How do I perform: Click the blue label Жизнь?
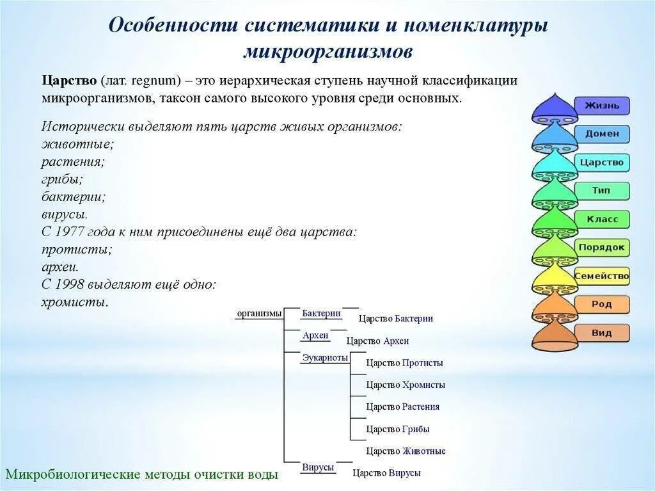[x=601, y=105]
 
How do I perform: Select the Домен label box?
[x=601, y=134]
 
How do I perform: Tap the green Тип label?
[x=601, y=191]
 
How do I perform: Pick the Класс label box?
[x=601, y=219]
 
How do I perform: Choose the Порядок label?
[x=601, y=248]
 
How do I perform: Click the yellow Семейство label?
[x=601, y=277]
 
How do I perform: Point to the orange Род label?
[x=601, y=305]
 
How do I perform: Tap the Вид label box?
[x=601, y=333]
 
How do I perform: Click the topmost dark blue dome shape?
[x=555, y=109]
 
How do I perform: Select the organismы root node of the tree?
[x=259, y=313]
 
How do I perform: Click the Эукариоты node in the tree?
[x=325, y=358]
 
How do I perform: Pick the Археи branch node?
[x=315, y=335]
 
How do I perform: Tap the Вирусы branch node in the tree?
[x=319, y=467]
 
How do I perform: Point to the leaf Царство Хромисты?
[x=406, y=385]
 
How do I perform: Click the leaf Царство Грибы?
[x=397, y=429]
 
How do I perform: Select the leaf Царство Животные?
[x=406, y=451]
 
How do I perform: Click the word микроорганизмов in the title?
[x=327, y=51]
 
